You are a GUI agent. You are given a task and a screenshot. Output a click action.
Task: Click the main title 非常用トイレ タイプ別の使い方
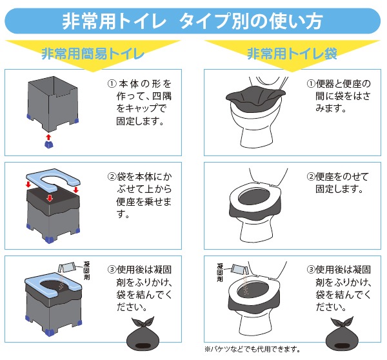point(192,21)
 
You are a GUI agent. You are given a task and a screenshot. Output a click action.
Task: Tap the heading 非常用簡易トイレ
point(93,54)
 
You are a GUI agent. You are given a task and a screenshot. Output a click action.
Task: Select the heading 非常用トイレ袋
point(292,54)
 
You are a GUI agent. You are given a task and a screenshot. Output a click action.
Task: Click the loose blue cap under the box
point(48,145)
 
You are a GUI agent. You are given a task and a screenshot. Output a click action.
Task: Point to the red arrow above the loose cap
point(48,137)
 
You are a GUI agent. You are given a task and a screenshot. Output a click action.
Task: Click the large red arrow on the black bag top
point(50,198)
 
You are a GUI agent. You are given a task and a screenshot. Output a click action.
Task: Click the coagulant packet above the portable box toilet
point(66,268)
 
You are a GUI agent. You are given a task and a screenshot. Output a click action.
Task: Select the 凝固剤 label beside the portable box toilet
point(86,270)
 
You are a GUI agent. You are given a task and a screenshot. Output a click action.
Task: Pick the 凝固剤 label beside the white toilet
point(220,273)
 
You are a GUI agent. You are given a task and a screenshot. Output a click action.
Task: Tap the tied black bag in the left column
point(143,334)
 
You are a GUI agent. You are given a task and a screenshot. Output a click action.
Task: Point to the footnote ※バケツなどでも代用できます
point(252,349)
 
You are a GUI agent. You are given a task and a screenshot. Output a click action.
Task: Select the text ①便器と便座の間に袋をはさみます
point(339,95)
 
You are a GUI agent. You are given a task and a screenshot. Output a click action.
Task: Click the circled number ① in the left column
point(112,84)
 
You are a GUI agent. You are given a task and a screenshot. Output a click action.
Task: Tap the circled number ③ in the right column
point(311,270)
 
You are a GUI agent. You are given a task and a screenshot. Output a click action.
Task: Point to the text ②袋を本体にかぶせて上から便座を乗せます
point(140,195)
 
